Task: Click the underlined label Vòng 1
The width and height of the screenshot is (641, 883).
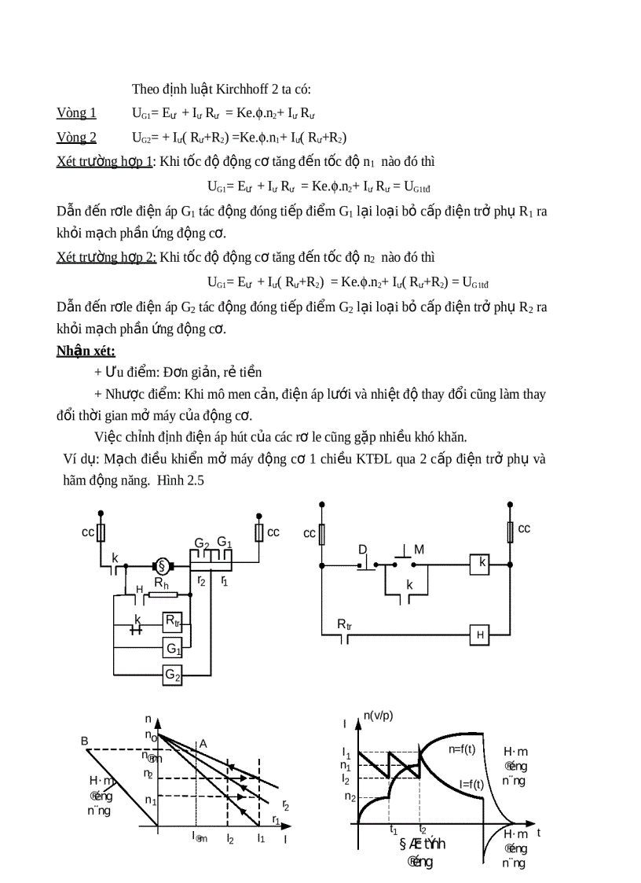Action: click(76, 112)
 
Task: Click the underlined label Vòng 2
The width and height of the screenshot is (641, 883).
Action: click(76, 138)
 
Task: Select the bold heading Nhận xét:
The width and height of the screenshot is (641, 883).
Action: click(86, 351)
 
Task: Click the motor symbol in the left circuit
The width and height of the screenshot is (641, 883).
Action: click(163, 565)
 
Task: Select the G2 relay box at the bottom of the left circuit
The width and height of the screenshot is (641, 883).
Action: click(173, 674)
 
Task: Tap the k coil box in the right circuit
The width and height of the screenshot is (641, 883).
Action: click(482, 563)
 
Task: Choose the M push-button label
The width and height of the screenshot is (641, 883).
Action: click(419, 550)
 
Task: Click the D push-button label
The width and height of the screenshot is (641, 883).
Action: click(363, 549)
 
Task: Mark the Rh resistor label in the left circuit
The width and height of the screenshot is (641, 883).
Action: click(161, 583)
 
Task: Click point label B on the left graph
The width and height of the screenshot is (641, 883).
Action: click(85, 741)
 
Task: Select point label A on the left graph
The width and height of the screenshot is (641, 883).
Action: click(203, 743)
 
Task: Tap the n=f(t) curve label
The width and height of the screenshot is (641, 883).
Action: click(462, 749)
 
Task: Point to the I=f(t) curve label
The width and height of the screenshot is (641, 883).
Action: click(471, 783)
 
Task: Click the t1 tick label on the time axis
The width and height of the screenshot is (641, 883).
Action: click(394, 829)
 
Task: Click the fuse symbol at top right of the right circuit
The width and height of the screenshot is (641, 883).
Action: click(511, 532)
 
